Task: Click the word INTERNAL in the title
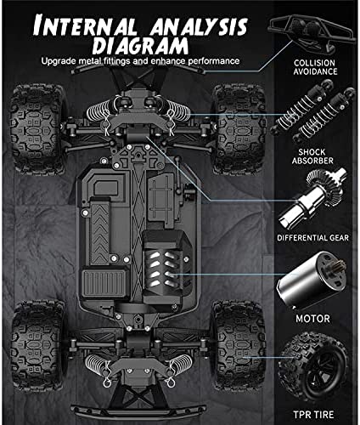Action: [x=84, y=27]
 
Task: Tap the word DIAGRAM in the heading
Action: [x=140, y=46]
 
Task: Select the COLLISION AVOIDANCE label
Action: [x=315, y=67]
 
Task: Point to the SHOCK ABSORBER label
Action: [x=312, y=156]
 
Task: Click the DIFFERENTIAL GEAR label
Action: [x=312, y=238]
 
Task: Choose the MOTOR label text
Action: [x=312, y=319]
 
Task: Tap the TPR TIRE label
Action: [x=313, y=415]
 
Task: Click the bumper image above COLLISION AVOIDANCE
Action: [x=311, y=32]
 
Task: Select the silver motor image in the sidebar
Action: [x=311, y=280]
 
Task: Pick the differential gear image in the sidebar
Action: [x=312, y=200]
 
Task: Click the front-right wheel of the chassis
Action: [x=239, y=129]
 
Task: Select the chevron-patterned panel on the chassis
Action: [x=99, y=233]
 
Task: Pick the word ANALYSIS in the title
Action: [x=199, y=27]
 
